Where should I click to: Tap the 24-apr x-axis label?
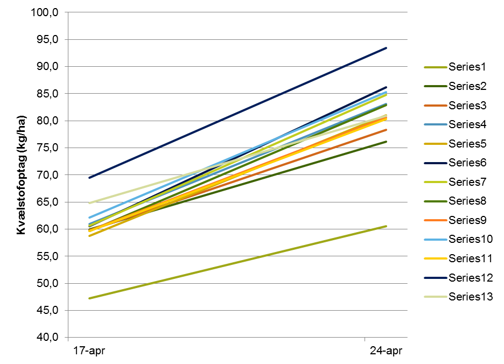click(x=386, y=351)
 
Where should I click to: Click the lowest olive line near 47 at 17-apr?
click(x=89, y=298)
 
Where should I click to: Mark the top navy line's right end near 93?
click(x=386, y=48)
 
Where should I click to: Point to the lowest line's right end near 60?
click(x=386, y=226)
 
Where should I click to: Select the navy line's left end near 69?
click(x=89, y=177)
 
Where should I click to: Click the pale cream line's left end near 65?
click(x=89, y=203)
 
